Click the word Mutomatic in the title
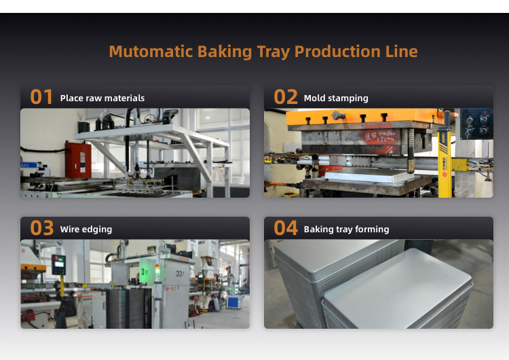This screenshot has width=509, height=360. (151, 52)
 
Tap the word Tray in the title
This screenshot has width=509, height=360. (274, 52)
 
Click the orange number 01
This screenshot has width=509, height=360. (41, 97)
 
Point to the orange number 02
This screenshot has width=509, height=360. (286, 97)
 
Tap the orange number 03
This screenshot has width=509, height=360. (42, 228)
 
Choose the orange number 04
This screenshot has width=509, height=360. (286, 228)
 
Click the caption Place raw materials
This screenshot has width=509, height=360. (102, 98)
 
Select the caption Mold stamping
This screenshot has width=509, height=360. (336, 98)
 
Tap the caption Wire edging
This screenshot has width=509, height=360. (86, 230)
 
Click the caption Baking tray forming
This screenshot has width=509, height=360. (346, 230)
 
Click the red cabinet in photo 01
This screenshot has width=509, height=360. (78, 160)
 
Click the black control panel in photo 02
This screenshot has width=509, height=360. (476, 124)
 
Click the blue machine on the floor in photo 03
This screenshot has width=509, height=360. (235, 302)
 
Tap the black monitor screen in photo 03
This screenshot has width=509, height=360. (58, 265)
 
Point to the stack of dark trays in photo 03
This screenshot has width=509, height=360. (128, 308)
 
